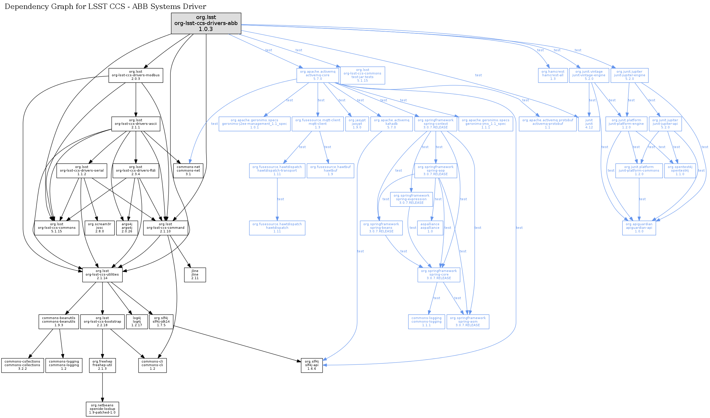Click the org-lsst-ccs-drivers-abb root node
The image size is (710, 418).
[206, 23]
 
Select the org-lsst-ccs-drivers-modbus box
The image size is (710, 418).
[136, 75]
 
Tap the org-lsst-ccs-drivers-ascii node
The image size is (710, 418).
[136, 124]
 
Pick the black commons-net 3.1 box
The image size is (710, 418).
[188, 171]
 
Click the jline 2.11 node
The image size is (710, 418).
[195, 275]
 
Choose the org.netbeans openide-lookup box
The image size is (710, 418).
[102, 409]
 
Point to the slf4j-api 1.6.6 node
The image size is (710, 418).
[312, 365]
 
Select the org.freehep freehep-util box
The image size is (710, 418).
[102, 365]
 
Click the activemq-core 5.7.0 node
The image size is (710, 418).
[318, 75]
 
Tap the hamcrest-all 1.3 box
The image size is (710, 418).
[553, 75]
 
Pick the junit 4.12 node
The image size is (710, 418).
[589, 124]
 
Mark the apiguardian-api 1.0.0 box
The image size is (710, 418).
[639, 228]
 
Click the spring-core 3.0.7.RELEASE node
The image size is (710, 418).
[439, 275]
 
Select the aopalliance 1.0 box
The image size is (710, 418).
[430, 228]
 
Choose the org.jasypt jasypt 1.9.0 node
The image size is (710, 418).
[357, 124]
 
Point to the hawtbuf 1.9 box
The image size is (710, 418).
[330, 171]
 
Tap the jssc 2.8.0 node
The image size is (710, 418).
[100, 228]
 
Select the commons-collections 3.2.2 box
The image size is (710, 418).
[22, 365]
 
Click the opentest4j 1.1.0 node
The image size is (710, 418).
[680, 171]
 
